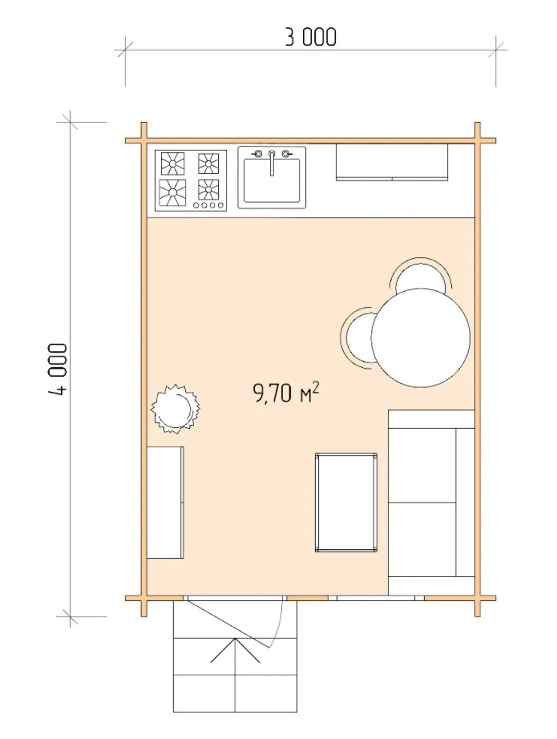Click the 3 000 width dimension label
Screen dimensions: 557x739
[x=310, y=37]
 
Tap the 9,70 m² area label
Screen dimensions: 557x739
[x=286, y=393]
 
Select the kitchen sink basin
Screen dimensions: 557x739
[x=272, y=181]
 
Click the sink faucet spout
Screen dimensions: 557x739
[x=272, y=164]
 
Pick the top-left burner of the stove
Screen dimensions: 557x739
[x=172, y=164]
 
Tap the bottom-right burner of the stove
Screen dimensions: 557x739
[x=208, y=190]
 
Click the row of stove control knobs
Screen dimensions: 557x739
[x=208, y=205]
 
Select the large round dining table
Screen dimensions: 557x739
[x=420, y=337]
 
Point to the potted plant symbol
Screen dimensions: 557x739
[x=174, y=408]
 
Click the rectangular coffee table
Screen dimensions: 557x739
[x=346, y=503]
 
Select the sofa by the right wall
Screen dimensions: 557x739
[x=431, y=502]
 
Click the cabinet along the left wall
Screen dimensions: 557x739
[x=165, y=503]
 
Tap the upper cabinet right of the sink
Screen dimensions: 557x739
[x=392, y=162]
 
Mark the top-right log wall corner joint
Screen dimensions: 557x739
[x=478, y=140]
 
